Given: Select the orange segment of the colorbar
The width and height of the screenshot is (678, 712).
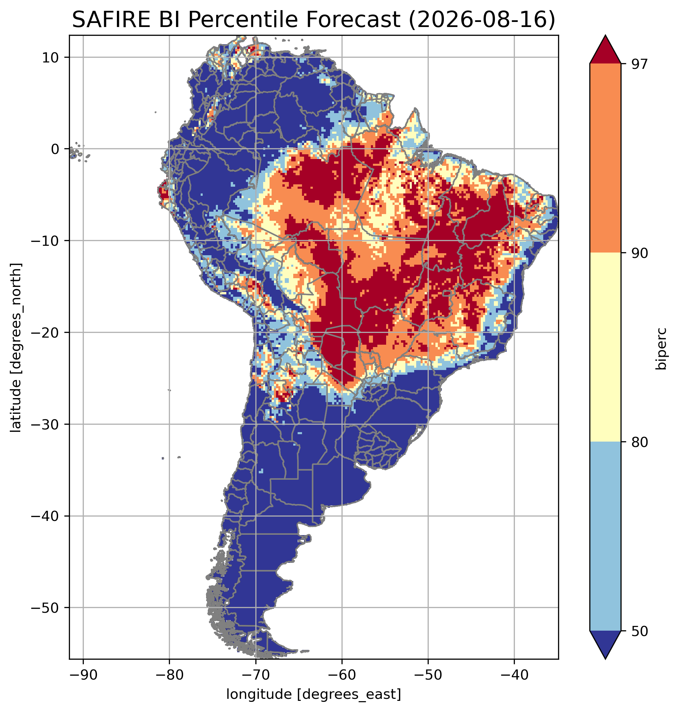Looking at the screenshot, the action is pos(605,158).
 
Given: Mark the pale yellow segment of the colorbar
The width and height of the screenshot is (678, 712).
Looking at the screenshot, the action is pos(605,347).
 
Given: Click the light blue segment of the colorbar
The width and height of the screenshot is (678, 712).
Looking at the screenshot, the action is pos(605,536).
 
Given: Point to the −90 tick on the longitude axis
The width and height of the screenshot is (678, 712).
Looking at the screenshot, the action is pos(83,675).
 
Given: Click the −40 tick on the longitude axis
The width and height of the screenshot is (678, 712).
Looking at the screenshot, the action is pos(514,675).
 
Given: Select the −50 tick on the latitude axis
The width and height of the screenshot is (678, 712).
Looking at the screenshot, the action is pos(46,608).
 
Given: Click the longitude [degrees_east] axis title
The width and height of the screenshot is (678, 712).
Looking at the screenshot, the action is pos(314,694).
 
